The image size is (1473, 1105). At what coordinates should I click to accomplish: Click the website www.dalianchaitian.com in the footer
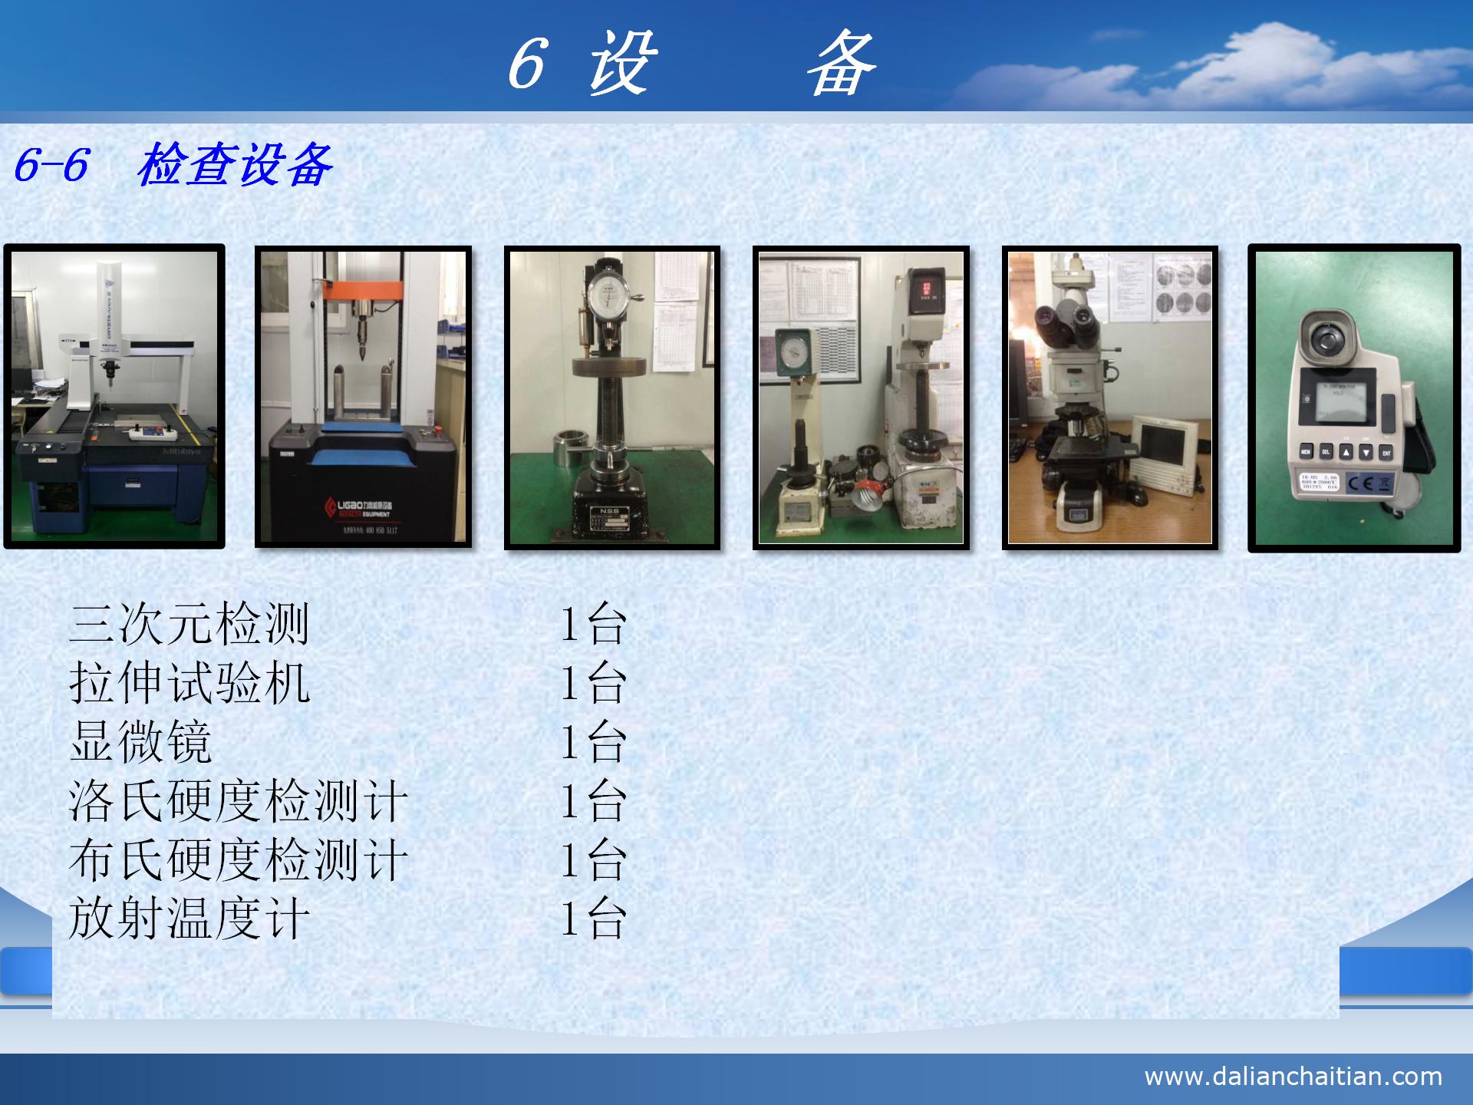[x=1293, y=1076]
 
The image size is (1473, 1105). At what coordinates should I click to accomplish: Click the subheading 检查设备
[x=235, y=165]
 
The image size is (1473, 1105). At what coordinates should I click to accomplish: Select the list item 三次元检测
[x=189, y=623]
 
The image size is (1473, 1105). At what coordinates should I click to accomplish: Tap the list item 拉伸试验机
[x=189, y=682]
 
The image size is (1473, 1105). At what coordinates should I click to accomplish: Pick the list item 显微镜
[x=140, y=741]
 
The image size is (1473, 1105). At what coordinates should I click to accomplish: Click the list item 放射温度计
[x=189, y=919]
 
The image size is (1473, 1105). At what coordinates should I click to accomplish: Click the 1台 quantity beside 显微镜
[x=593, y=741]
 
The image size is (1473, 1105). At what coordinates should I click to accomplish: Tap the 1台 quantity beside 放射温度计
[x=593, y=919]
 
